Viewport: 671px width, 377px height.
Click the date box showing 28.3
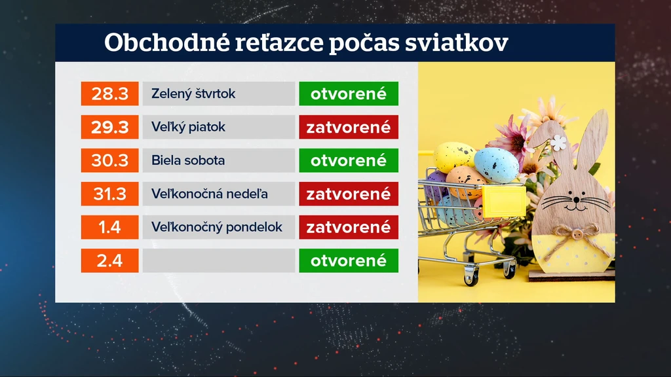109,94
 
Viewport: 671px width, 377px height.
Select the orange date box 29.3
109,127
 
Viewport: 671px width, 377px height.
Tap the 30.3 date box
109,160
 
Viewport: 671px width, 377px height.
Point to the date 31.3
109,194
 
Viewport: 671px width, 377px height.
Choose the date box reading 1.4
109,227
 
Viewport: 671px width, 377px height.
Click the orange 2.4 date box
109,260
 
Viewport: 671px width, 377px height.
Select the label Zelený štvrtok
193,94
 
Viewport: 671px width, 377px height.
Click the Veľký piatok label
188,127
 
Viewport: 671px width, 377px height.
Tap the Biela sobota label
188,160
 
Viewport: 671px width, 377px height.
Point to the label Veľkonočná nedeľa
210,194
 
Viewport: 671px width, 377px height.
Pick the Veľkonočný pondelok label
217,227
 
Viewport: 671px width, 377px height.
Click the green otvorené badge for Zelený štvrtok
349,94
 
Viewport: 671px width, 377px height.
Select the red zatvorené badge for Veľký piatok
349,127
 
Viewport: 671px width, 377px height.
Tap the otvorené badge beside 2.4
349,260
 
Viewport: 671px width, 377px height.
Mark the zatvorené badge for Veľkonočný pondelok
349,227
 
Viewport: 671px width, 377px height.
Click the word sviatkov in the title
457,43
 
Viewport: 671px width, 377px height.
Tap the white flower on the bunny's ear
558,143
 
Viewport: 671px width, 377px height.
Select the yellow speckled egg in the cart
453,156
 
